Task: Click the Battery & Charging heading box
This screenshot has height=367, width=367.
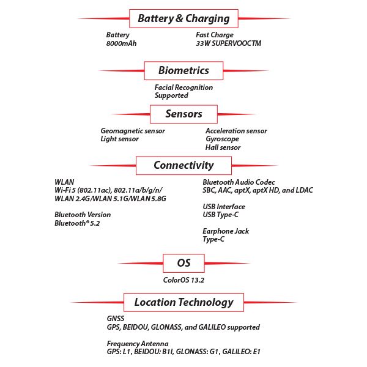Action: click(183, 18)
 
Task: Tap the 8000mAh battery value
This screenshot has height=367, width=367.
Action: click(121, 44)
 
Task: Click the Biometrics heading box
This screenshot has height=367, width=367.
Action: click(183, 70)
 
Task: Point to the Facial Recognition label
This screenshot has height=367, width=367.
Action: click(183, 87)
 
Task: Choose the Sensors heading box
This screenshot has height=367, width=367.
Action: click(183, 114)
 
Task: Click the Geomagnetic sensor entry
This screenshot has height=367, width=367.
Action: click(133, 131)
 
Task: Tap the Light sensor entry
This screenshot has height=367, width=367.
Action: click(119, 139)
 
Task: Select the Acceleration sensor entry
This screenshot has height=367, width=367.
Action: click(236, 131)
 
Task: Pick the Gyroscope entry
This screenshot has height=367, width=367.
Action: click(222, 139)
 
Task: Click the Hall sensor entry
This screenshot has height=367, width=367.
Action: click(223, 147)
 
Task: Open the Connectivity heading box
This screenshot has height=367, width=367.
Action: click(183, 165)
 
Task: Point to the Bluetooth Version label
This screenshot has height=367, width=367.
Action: click(83, 215)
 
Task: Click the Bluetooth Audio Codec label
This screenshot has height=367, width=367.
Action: click(239, 182)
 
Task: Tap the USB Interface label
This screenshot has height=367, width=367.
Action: click(224, 207)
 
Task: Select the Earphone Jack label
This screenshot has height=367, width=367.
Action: click(226, 231)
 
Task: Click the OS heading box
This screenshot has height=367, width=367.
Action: click(183, 263)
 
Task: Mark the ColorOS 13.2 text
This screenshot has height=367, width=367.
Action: click(183, 280)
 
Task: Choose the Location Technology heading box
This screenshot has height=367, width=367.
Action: click(183, 302)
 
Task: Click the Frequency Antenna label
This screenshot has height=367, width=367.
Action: click(137, 344)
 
